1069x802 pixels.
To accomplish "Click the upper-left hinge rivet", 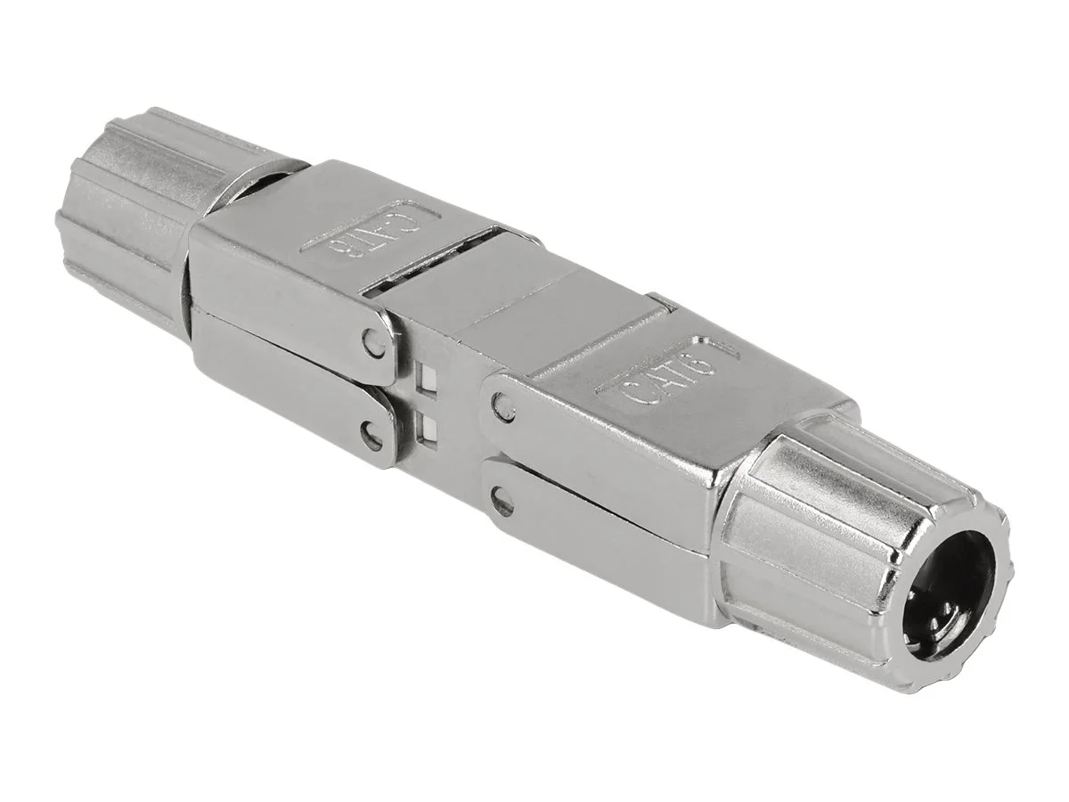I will pyautogui.click(x=371, y=340).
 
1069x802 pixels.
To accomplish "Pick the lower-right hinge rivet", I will pyautogui.click(x=502, y=503).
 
